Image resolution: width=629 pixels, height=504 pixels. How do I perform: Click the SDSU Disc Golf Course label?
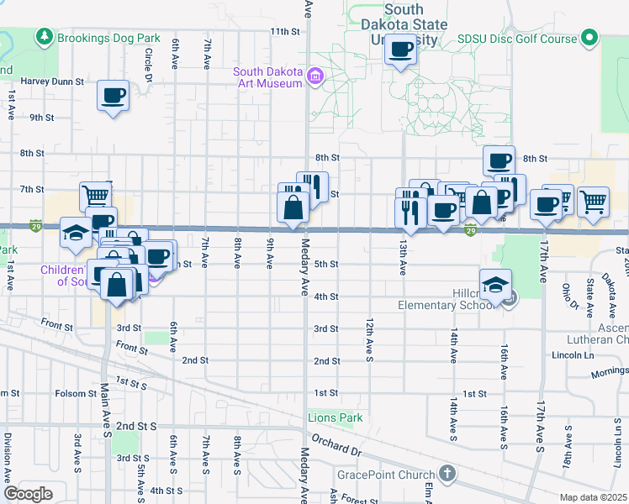click(516, 39)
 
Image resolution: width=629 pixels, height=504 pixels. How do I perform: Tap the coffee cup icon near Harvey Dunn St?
click(113, 95)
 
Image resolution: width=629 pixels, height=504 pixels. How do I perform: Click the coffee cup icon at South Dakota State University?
click(400, 50)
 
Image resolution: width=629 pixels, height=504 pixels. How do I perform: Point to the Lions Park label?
click(334, 417)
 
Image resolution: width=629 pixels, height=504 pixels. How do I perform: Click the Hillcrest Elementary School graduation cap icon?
click(496, 282)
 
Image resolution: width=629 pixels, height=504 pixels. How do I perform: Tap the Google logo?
click(28, 493)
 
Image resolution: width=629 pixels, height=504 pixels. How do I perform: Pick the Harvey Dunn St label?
click(52, 82)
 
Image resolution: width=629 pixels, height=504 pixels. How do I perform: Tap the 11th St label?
click(284, 31)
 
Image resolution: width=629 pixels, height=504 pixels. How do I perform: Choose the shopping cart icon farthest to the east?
click(594, 201)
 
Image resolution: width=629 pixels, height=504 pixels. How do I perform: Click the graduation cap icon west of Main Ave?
click(76, 233)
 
